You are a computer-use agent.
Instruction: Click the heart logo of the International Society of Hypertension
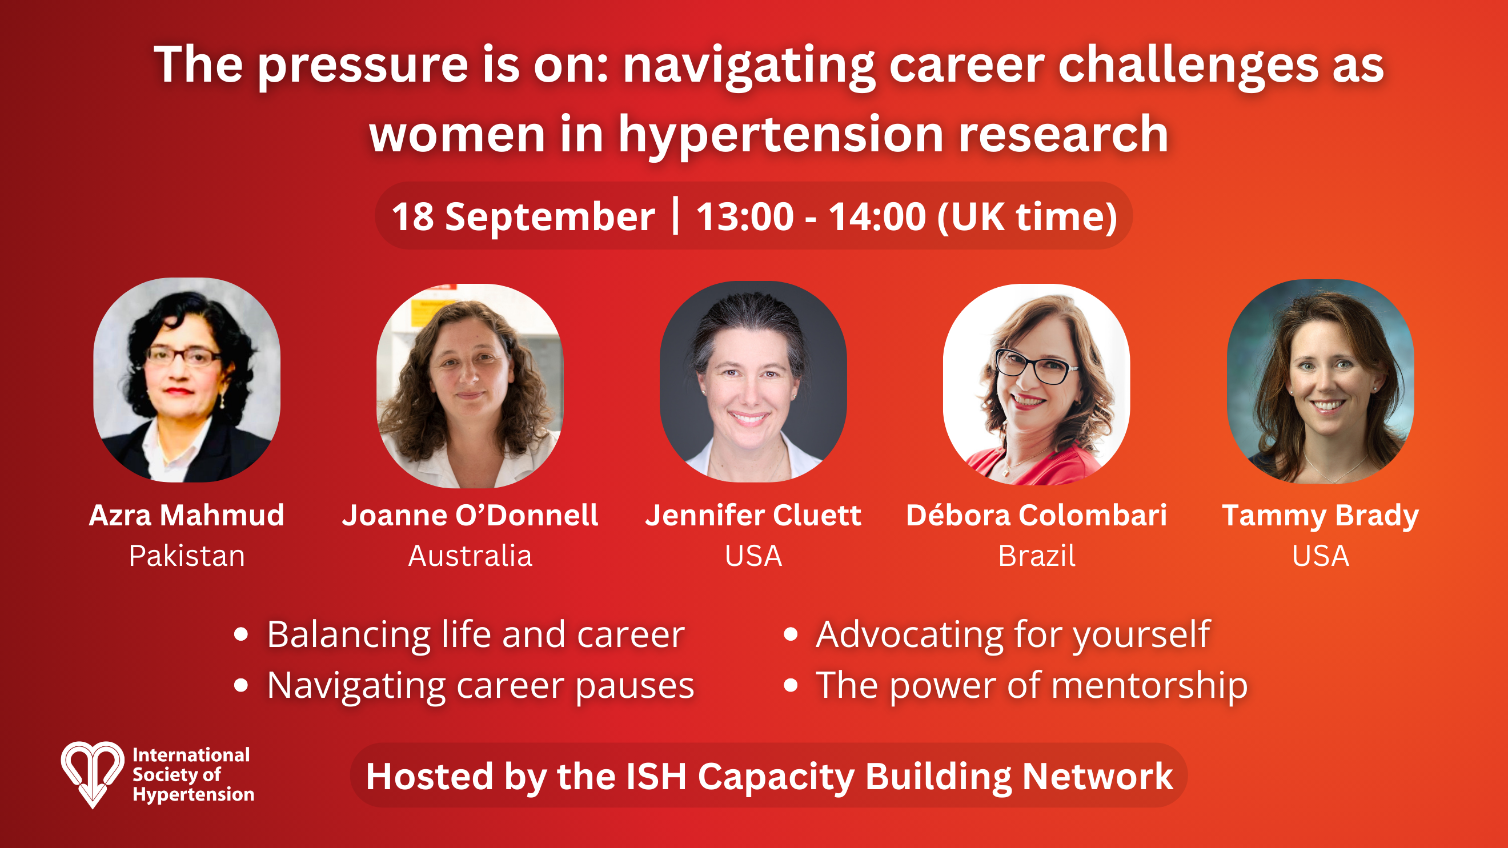[93, 774]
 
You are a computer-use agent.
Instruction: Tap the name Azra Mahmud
[187, 515]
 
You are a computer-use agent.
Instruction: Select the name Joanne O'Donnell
[470, 515]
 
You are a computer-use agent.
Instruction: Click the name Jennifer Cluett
[753, 515]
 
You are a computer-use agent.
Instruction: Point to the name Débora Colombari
[1037, 515]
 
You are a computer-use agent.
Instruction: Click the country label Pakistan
[187, 556]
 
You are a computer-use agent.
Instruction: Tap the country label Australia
[470, 556]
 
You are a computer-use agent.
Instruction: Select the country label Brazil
[1037, 556]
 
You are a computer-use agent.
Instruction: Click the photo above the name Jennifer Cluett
[753, 381]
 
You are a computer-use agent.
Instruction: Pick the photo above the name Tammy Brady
[1321, 381]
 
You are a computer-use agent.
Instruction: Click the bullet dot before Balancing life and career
[241, 634]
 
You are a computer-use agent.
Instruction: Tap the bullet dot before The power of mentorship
[791, 685]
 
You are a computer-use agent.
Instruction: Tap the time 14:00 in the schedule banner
[876, 216]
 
